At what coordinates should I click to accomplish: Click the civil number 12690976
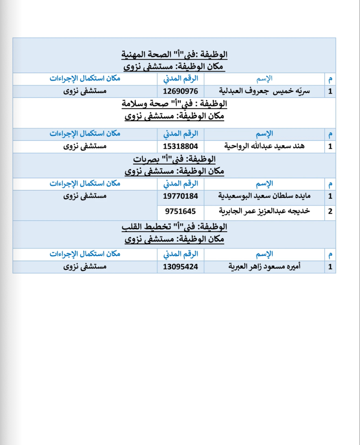pyautogui.click(x=181, y=92)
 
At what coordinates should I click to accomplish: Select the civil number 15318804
pyautogui.click(x=181, y=146)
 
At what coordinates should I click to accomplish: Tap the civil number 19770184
pyautogui.click(x=181, y=196)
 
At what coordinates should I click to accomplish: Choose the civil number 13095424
pyautogui.click(x=181, y=267)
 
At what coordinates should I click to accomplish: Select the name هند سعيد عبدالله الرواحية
pyautogui.click(x=265, y=146)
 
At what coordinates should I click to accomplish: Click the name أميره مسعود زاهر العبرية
pyautogui.click(x=265, y=267)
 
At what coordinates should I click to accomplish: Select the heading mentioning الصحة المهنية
pyautogui.click(x=174, y=55)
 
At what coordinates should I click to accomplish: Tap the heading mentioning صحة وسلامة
pyautogui.click(x=174, y=104)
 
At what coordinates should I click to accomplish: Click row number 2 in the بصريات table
pyautogui.click(x=330, y=211)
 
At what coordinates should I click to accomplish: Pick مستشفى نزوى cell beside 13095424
pyautogui.click(x=85, y=267)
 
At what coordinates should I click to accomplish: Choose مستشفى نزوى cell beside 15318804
pyautogui.click(x=85, y=146)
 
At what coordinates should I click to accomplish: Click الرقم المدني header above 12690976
pyautogui.click(x=181, y=79)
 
